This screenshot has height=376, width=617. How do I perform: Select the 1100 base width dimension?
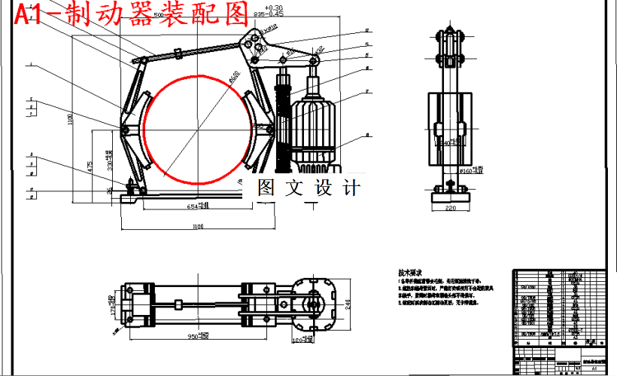coord(197,226)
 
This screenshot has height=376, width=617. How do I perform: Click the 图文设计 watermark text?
coord(308,188)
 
